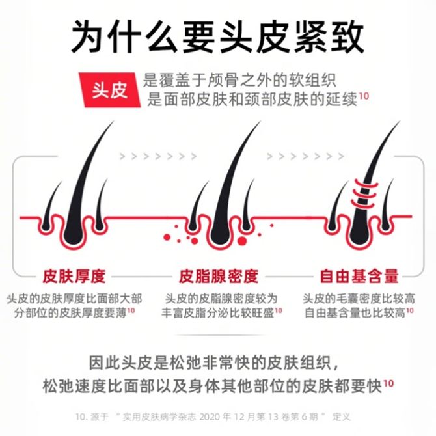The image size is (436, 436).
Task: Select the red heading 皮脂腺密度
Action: click(x=219, y=275)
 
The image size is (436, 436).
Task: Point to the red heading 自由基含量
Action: click(x=359, y=275)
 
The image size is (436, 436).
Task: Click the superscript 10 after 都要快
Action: click(x=388, y=383)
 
